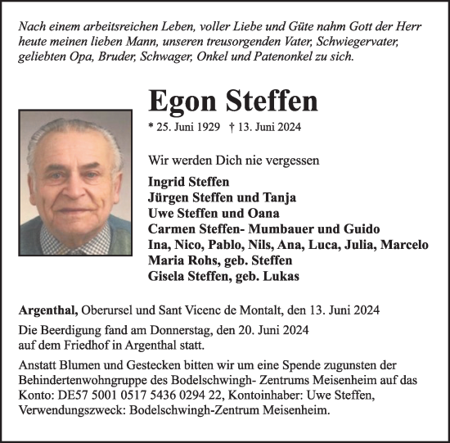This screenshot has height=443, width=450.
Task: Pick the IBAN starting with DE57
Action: coord(153,396)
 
